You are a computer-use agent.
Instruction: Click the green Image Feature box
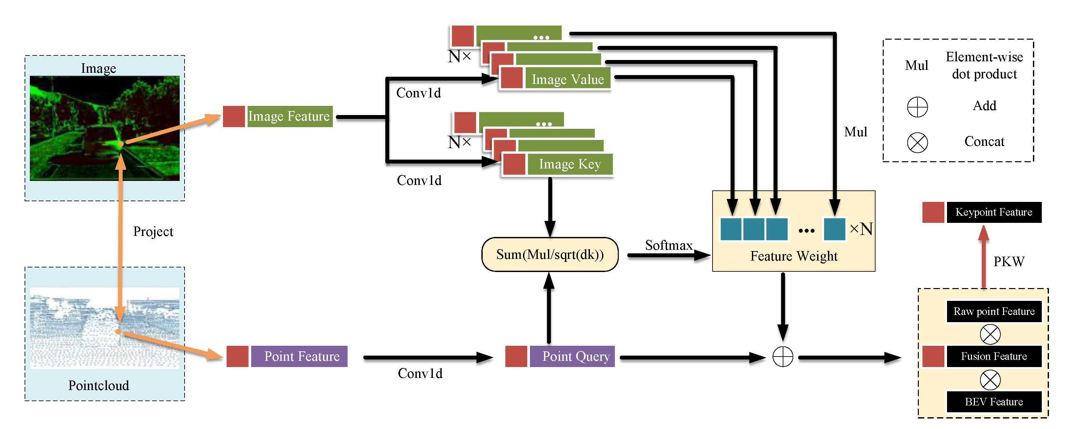tap(290, 117)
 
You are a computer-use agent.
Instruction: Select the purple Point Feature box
tap(299, 356)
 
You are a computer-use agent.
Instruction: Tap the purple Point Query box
tap(572, 356)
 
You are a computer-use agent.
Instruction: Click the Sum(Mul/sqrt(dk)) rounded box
tap(550, 254)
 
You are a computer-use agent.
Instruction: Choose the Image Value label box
tap(567, 79)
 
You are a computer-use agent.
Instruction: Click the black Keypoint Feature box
tap(994, 212)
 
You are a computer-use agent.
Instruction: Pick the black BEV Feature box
tap(994, 401)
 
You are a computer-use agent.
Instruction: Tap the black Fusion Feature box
tap(994, 356)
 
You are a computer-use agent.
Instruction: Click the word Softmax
tap(669, 245)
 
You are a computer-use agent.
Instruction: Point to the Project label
tap(153, 231)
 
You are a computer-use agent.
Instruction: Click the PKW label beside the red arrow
tap(1009, 262)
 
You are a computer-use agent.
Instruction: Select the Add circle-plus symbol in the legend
tap(917, 107)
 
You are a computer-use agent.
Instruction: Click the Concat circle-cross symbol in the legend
tap(917, 143)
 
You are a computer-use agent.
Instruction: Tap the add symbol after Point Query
tap(783, 357)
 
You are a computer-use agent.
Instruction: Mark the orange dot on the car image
tap(120, 144)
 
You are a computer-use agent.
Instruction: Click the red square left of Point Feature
tap(237, 356)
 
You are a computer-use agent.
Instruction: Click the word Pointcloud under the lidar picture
tap(99, 385)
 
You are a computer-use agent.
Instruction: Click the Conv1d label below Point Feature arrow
tap(420, 373)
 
